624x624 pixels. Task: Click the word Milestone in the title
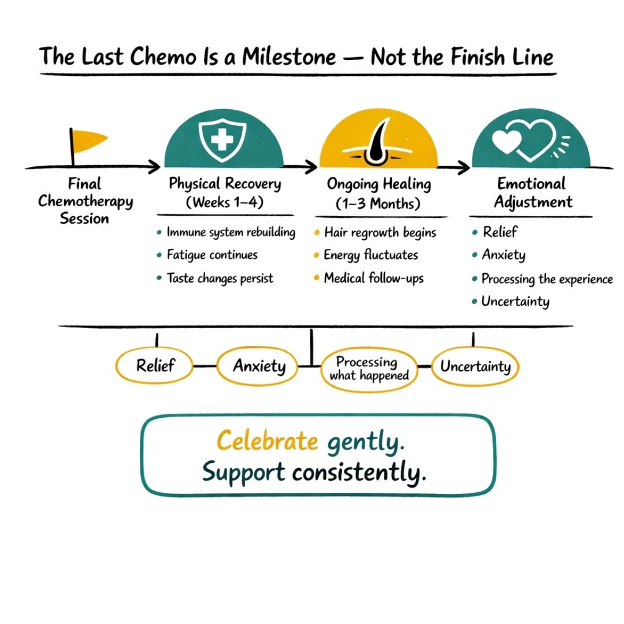289,58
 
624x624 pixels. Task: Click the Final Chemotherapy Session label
85,201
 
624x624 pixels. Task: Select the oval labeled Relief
155,366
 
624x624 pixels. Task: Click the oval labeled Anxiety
259,366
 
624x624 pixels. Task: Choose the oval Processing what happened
368,369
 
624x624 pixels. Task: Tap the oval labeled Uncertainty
475,366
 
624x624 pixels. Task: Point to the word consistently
359,472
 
